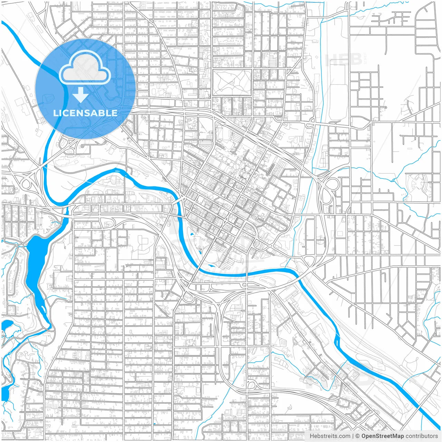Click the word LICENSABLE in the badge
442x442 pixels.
coord(85,113)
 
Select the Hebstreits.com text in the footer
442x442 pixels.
coord(330,436)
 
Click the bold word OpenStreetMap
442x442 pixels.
coord(383,436)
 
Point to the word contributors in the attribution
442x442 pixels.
coord(422,436)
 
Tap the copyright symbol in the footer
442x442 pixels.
coord(358,436)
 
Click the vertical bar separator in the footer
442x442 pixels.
coord(353,436)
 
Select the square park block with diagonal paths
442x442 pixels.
coord(231,83)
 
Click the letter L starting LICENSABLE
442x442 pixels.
coord(56,113)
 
